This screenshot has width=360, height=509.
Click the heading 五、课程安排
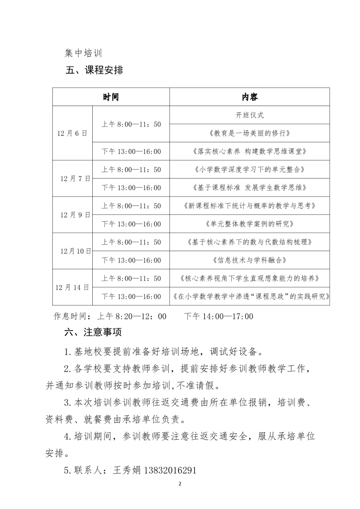point(94,70)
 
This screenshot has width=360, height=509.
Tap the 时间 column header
point(111,97)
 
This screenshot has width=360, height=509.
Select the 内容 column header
point(250,97)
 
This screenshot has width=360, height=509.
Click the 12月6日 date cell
point(72,133)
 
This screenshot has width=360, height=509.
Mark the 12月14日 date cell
point(72,287)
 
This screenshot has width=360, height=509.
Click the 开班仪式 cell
point(250,115)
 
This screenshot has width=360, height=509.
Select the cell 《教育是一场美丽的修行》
point(250,133)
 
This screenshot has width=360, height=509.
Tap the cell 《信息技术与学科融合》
point(250,260)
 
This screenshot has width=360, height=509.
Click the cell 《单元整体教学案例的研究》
point(250,224)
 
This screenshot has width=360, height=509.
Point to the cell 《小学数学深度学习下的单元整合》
point(250,170)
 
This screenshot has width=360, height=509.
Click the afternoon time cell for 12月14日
point(131,296)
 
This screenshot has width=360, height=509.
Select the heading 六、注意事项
point(93,332)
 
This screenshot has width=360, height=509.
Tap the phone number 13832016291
point(170,470)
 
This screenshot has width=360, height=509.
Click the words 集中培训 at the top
point(83,53)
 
